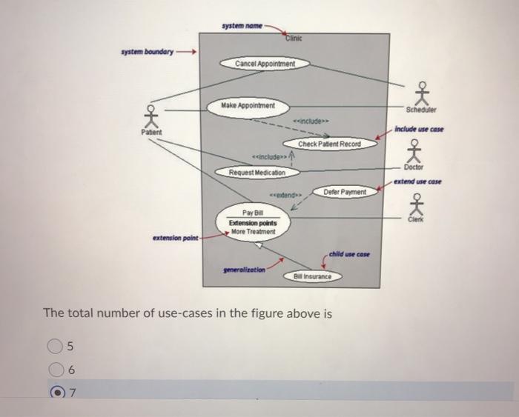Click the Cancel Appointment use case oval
click(x=265, y=64)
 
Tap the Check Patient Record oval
click(x=329, y=144)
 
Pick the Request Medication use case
click(x=252, y=172)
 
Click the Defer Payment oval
click(x=345, y=192)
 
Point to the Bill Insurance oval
click(x=312, y=277)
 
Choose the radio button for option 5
click(x=54, y=344)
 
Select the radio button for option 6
click(x=54, y=369)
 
